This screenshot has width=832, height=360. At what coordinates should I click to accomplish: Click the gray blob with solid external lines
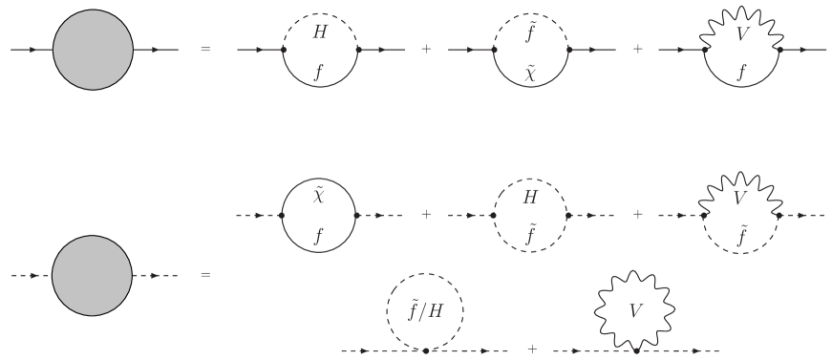[x=93, y=49]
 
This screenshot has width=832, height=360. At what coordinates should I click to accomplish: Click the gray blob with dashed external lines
[x=92, y=275]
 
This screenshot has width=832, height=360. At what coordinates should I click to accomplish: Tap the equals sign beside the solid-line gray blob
[x=205, y=49]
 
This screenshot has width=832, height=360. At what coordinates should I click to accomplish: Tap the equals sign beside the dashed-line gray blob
[x=205, y=275]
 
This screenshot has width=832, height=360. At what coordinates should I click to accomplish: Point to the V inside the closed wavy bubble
[x=635, y=310]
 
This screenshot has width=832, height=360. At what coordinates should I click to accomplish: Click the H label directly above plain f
[x=320, y=33]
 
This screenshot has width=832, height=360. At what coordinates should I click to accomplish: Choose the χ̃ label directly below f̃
[x=530, y=71]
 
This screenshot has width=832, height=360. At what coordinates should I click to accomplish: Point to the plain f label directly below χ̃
[x=320, y=235]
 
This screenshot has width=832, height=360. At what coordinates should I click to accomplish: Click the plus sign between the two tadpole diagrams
[x=531, y=349]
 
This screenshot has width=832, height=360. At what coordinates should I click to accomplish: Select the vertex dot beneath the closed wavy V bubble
[x=635, y=350]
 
